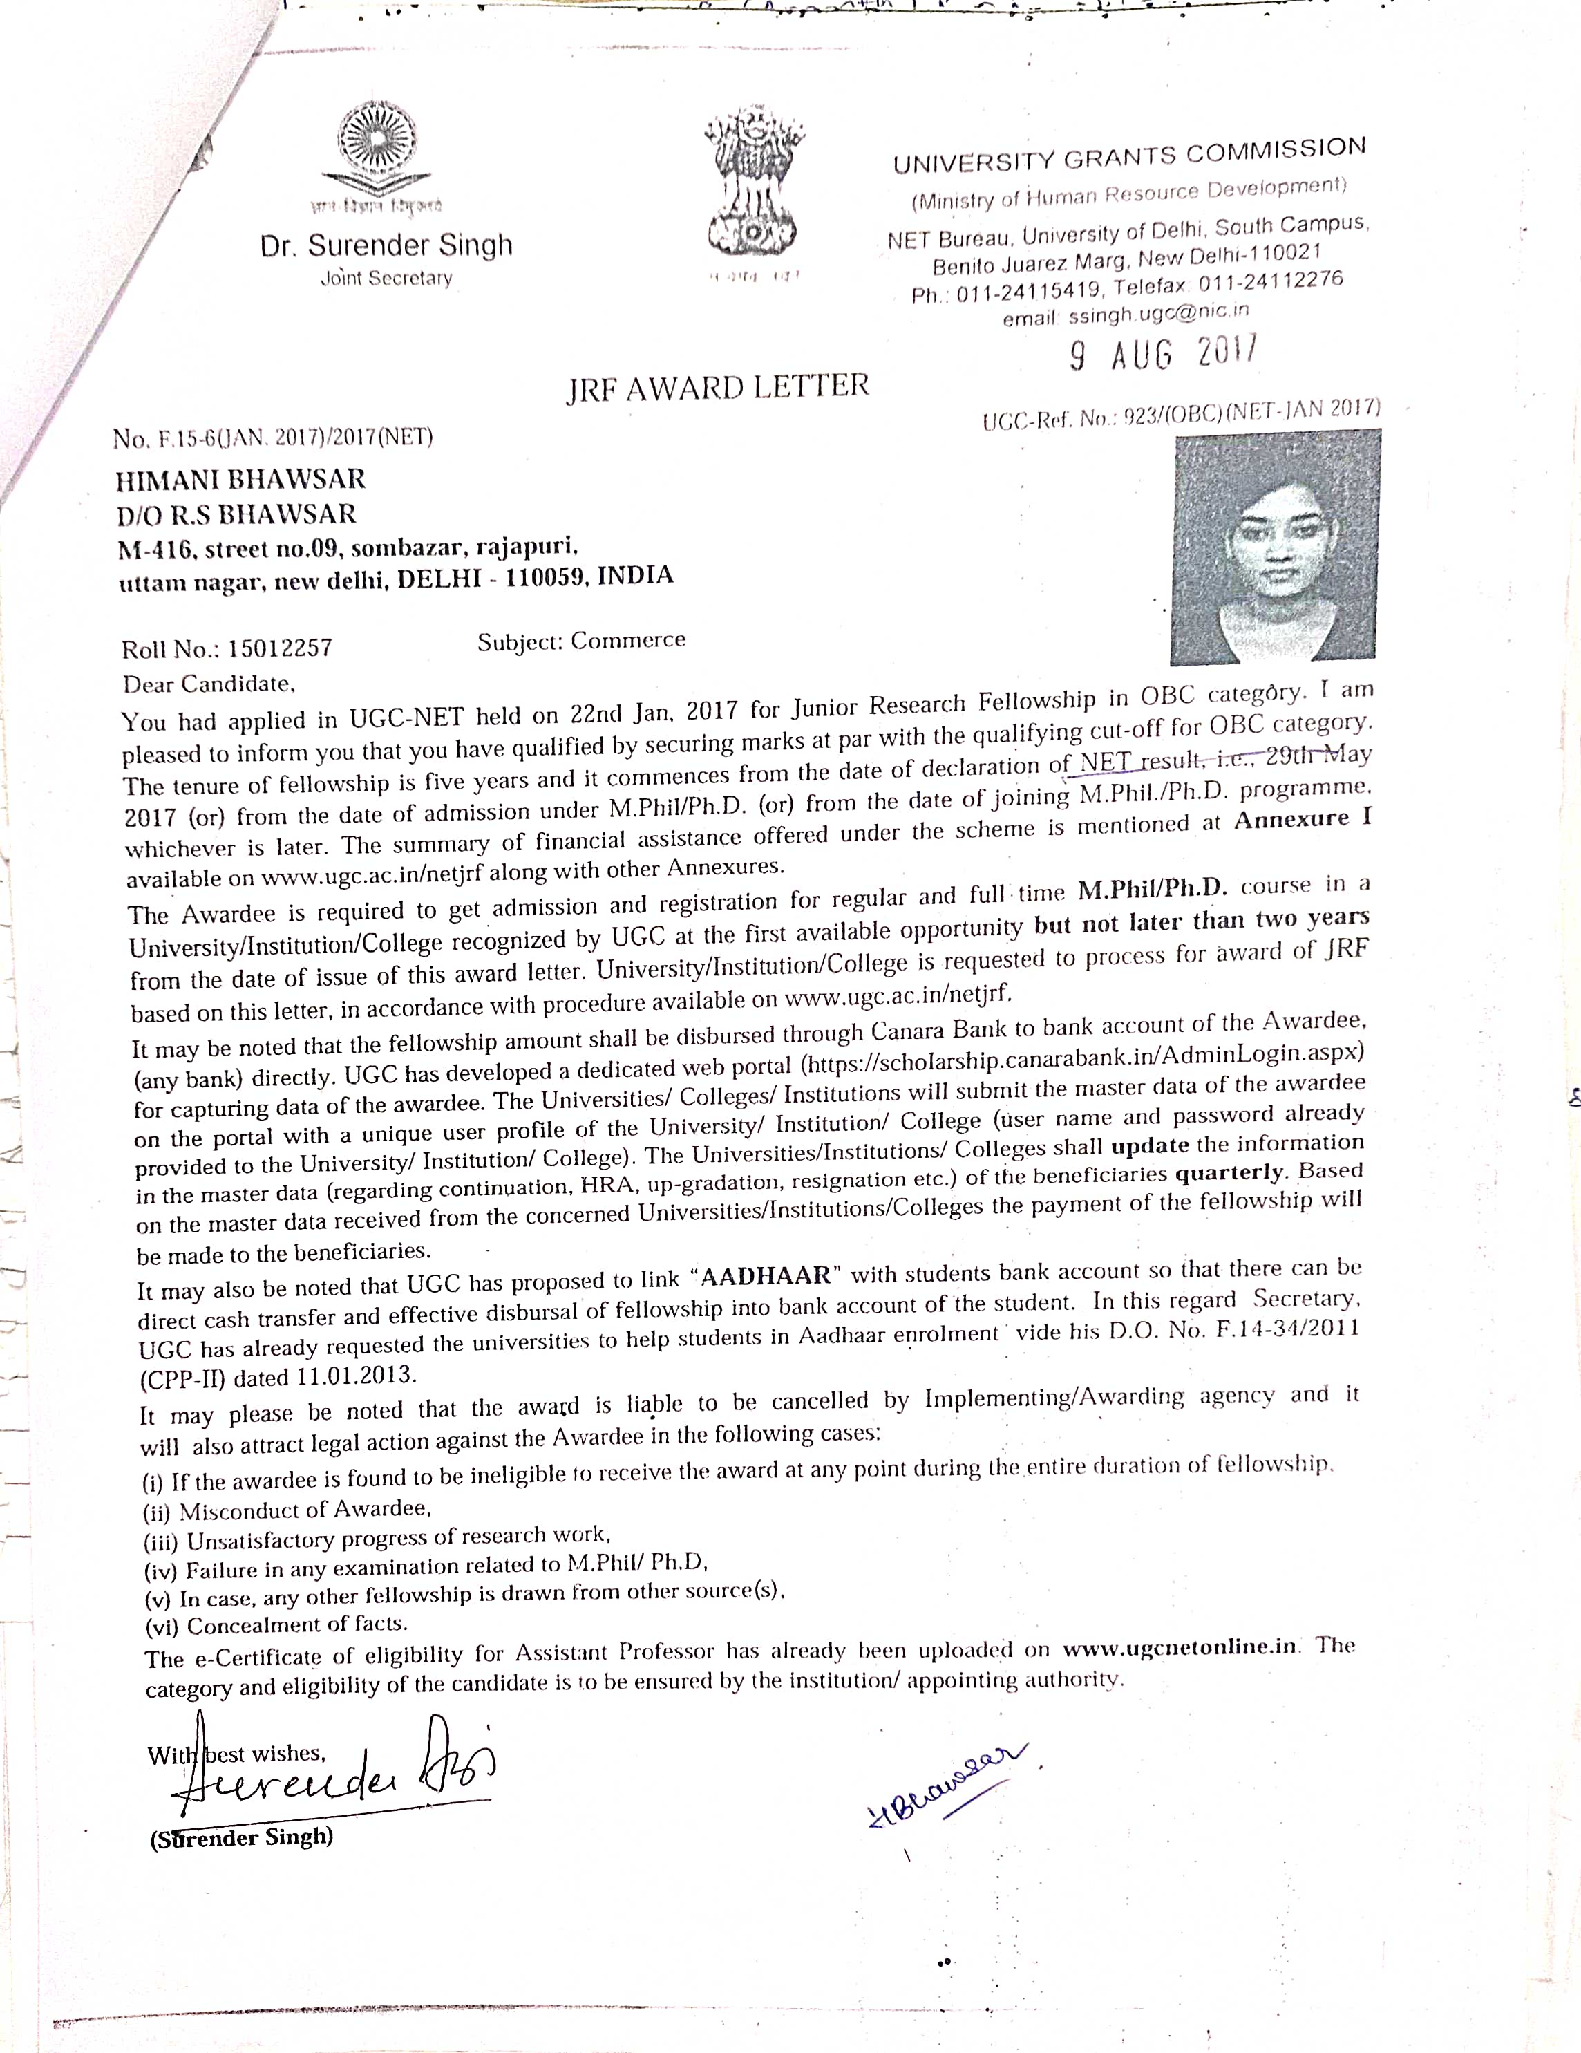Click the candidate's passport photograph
(1275, 545)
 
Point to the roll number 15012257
(280, 648)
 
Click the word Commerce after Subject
(628, 640)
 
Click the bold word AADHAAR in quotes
(766, 1277)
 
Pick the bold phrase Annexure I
(1303, 818)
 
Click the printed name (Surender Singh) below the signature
(242, 1838)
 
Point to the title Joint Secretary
(386, 279)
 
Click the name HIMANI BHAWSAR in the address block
(240, 480)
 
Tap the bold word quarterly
(1229, 1174)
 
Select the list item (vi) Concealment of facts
(276, 1624)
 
